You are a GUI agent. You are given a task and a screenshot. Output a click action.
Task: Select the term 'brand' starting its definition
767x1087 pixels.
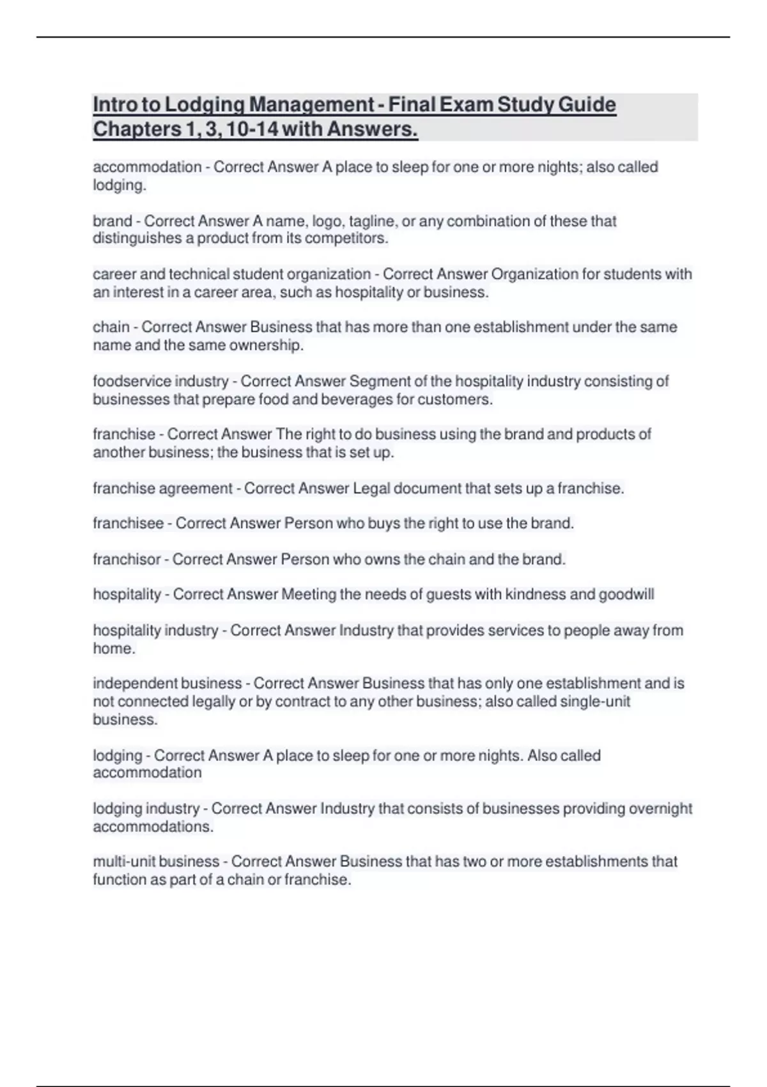112,221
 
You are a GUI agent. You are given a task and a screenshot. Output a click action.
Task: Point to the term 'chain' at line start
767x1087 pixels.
111,327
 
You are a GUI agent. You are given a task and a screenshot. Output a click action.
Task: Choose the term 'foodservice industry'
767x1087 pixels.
160,381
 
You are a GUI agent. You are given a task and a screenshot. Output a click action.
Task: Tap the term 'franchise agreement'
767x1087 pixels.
162,489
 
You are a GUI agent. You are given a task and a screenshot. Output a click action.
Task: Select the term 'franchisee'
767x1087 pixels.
128,524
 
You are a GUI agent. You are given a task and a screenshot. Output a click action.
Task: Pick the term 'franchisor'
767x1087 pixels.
127,559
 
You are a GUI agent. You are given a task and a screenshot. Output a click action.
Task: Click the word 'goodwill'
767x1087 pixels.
626,595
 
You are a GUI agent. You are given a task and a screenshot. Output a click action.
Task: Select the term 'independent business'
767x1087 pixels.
167,684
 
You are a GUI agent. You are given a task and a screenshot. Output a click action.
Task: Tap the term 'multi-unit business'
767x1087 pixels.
156,862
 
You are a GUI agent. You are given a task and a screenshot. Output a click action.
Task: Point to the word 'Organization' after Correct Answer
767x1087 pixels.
531,274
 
